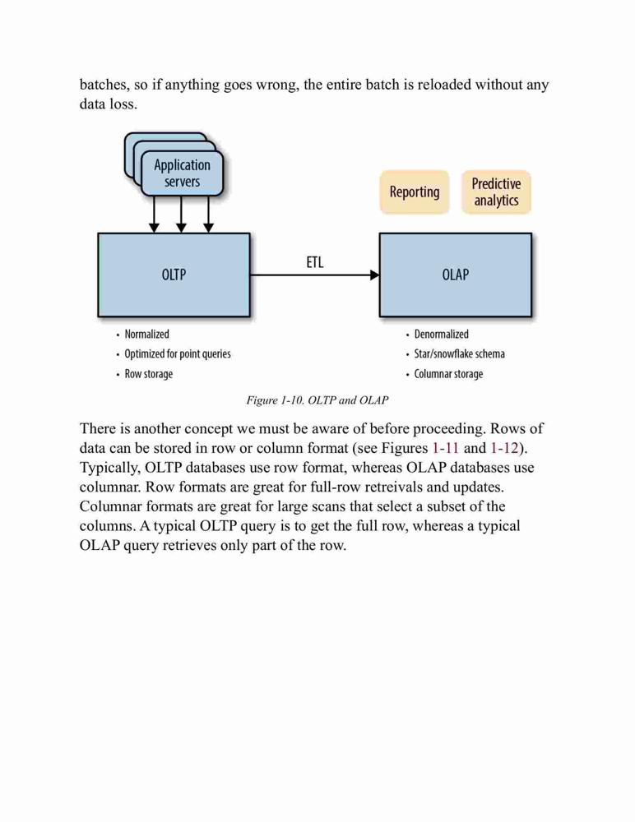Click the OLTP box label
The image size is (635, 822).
(174, 275)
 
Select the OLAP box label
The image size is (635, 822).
(455, 275)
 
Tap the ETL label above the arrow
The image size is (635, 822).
(315, 262)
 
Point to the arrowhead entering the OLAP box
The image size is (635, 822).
(375, 275)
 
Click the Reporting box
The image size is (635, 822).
(415, 192)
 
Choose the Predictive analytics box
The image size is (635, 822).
(496, 192)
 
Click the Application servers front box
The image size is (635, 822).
(182, 173)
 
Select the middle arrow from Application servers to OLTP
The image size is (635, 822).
(181, 215)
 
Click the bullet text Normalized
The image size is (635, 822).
(147, 335)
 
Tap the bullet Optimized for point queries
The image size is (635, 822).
(178, 354)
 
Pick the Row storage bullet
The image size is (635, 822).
(149, 374)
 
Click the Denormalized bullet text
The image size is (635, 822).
(442, 335)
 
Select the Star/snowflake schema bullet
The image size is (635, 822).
(459, 354)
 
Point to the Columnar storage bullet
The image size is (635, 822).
(449, 374)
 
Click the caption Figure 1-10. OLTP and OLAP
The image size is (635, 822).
(317, 400)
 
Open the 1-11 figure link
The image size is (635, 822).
(446, 448)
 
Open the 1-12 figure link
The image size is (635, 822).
(504, 448)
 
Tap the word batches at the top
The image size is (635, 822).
(104, 85)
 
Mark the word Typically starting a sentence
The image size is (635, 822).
(110, 469)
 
